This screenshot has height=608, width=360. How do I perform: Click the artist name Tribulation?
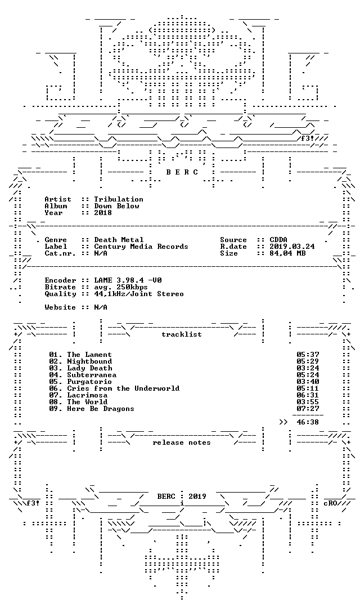pyautogui.click(x=119, y=199)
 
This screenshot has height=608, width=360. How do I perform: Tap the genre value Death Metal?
pyautogui.click(x=119, y=240)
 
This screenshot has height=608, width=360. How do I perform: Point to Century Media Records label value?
pyautogui.click(x=141, y=247)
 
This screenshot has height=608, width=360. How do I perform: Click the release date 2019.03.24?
pyautogui.click(x=292, y=247)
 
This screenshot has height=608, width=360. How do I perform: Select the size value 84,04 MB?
pyautogui.click(x=287, y=253)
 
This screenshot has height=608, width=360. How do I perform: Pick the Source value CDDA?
pyautogui.click(x=278, y=240)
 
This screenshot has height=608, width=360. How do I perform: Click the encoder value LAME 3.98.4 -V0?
pyautogui.click(x=128, y=280)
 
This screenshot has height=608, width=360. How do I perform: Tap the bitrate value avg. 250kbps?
pyautogui.click(x=121, y=287)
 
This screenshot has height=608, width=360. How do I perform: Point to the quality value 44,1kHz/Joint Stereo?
pyautogui.click(x=139, y=294)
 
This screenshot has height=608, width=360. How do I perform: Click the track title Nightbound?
pyautogui.click(x=89, y=361)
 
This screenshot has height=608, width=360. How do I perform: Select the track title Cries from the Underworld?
pyautogui.click(x=123, y=388)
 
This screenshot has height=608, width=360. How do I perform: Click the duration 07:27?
pyautogui.click(x=308, y=409)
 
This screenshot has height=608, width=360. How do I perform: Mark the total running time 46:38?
pyautogui.click(x=308, y=422)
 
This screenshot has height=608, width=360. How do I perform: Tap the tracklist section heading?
pyautogui.click(x=182, y=334)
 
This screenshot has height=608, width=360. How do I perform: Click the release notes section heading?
pyautogui.click(x=182, y=443)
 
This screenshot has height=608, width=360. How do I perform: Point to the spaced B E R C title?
pyautogui.click(x=182, y=172)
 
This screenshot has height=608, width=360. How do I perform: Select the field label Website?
pyautogui.click(x=60, y=307)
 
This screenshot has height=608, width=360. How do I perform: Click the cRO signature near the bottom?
pyautogui.click(x=330, y=503)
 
